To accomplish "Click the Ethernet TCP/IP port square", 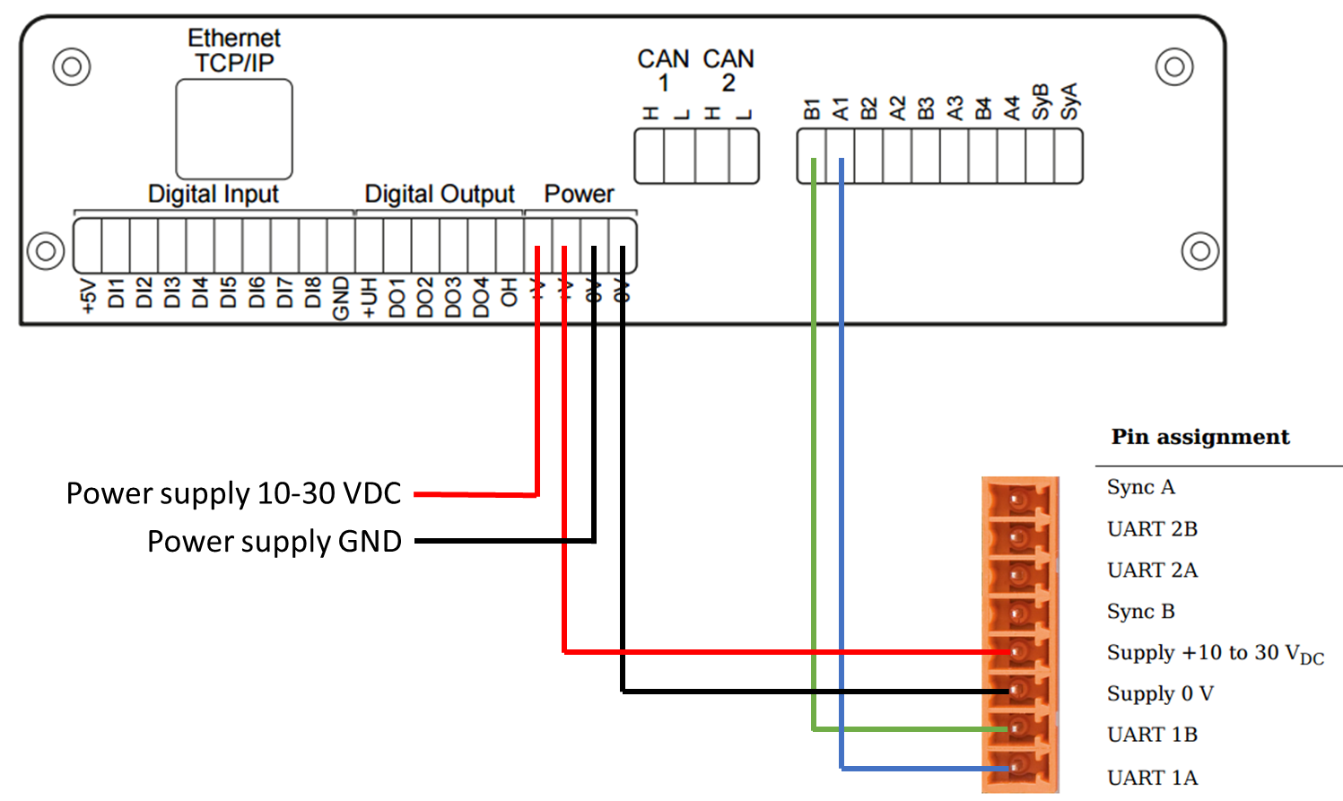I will click(233, 129).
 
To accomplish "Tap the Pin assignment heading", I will click(1199, 437).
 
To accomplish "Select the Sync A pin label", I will click(1140, 487).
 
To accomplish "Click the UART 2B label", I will click(1152, 529).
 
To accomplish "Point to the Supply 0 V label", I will click(1159, 693).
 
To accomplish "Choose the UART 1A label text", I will click(1152, 778).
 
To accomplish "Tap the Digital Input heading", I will click(213, 194).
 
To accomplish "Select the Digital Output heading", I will click(439, 194).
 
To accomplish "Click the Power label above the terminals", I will click(579, 194).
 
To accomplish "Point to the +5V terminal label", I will click(88, 297).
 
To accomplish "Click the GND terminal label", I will click(341, 298).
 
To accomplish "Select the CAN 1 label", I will click(663, 71).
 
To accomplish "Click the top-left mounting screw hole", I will click(72, 66).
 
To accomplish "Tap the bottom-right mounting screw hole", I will click(1199, 251).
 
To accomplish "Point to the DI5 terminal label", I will click(228, 293).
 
